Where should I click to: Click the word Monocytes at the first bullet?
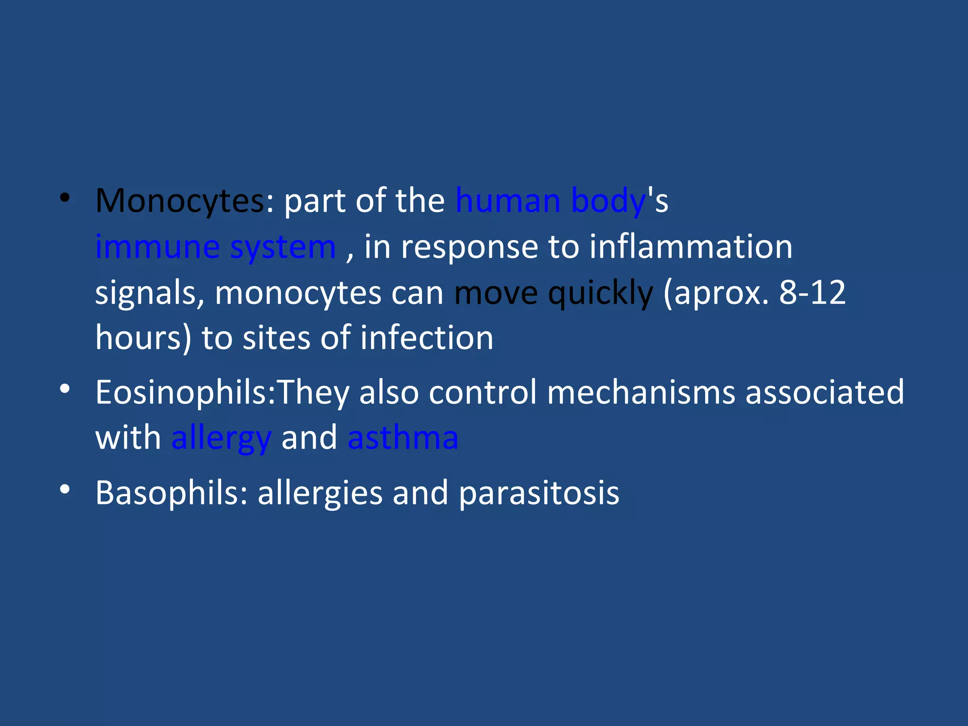[180, 201]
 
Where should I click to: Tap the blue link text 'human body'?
[550, 201]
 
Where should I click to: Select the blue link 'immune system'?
[216, 247]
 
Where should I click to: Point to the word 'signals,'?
[149, 293]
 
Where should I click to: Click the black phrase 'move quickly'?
[553, 293]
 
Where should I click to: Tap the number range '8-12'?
[812, 293]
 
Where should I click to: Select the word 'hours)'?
[143, 338]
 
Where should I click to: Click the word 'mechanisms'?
[641, 392]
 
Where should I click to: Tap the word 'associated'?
[824, 392]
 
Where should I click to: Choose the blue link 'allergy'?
[221, 438]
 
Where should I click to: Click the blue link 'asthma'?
[403, 438]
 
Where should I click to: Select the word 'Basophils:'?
[172, 493]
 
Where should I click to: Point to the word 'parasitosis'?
[539, 493]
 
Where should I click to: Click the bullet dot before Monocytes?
[65, 198]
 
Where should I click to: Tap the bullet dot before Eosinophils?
[65, 389]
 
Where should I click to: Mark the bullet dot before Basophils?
[65, 490]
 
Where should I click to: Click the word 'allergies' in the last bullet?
[320, 493]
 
